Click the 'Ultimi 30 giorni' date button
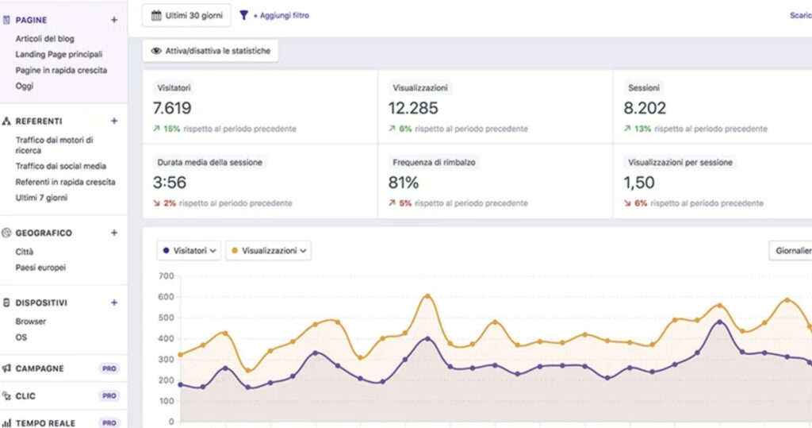[x=186, y=15]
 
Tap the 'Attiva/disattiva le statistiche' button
[x=211, y=51]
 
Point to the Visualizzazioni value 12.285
[x=413, y=108]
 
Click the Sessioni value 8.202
[x=646, y=108]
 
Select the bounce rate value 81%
[x=404, y=183]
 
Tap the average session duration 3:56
[x=169, y=183]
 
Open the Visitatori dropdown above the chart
[x=189, y=251]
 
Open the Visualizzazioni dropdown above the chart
[x=268, y=251]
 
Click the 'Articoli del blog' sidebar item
[x=45, y=39]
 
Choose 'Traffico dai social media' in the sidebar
[x=61, y=166]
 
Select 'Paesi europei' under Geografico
[x=40, y=268]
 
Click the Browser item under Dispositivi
[x=31, y=322]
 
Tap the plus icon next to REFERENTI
[x=114, y=121]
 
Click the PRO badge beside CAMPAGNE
[x=109, y=368]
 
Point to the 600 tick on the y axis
[x=166, y=297]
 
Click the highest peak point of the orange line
[x=427, y=296]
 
